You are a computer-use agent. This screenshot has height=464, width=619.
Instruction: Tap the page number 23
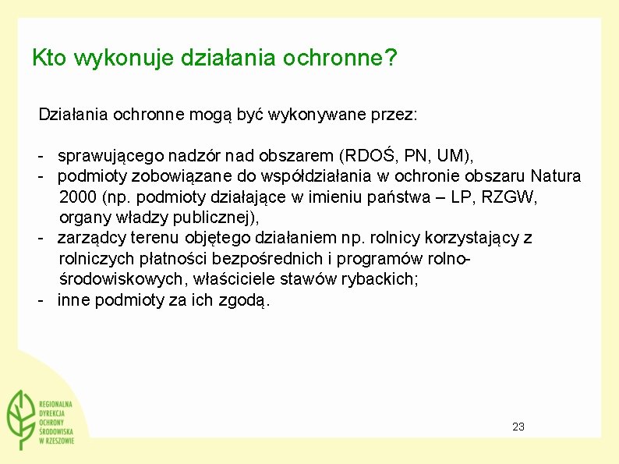pos(518,427)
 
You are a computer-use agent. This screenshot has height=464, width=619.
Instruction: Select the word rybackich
pos(380,279)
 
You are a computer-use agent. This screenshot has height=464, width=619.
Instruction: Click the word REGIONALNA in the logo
pos(55,403)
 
